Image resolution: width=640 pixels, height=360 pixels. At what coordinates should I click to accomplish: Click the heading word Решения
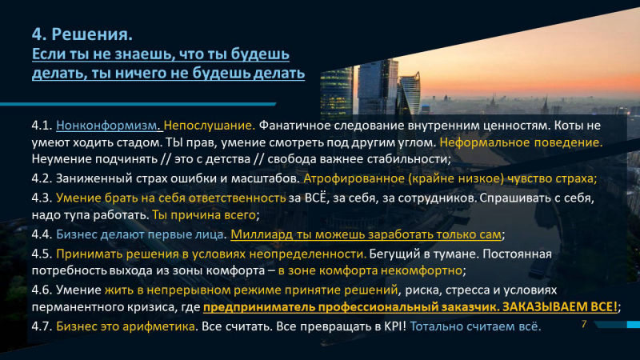92,34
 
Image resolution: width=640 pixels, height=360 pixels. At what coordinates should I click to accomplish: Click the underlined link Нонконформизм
107,126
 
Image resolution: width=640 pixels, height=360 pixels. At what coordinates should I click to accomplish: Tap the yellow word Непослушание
210,126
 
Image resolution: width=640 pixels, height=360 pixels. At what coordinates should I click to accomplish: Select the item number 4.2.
42,178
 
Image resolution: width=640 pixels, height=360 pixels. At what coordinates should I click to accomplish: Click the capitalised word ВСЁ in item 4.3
316,198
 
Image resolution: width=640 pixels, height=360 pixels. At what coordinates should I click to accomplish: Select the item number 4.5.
42,254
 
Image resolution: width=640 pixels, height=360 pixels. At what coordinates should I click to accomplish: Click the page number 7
584,324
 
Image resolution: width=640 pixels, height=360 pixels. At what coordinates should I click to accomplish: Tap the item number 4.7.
42,326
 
